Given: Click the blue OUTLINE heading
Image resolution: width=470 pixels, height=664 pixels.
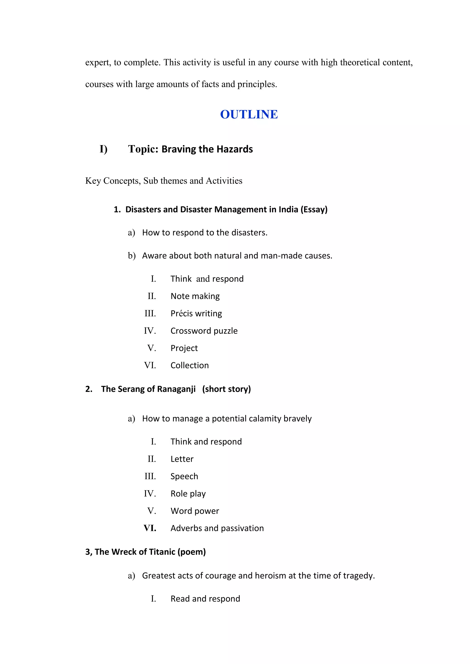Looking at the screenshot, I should point(249,114).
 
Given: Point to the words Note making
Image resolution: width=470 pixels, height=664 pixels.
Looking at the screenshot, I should point(195,296).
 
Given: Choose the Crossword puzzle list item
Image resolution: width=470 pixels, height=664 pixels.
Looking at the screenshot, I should point(204,331).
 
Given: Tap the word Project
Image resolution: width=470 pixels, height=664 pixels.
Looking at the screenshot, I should point(184,348).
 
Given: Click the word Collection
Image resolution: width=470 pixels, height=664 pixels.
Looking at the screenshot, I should point(190,365).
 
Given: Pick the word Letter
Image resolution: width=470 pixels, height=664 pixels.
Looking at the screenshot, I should point(182,459).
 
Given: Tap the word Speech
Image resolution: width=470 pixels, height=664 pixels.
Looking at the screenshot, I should point(184,477).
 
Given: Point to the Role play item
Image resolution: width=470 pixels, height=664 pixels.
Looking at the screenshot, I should point(188,494).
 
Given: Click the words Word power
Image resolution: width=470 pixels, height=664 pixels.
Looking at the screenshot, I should point(195,511).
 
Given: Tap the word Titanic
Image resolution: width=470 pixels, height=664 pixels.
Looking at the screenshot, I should point(162,552).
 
